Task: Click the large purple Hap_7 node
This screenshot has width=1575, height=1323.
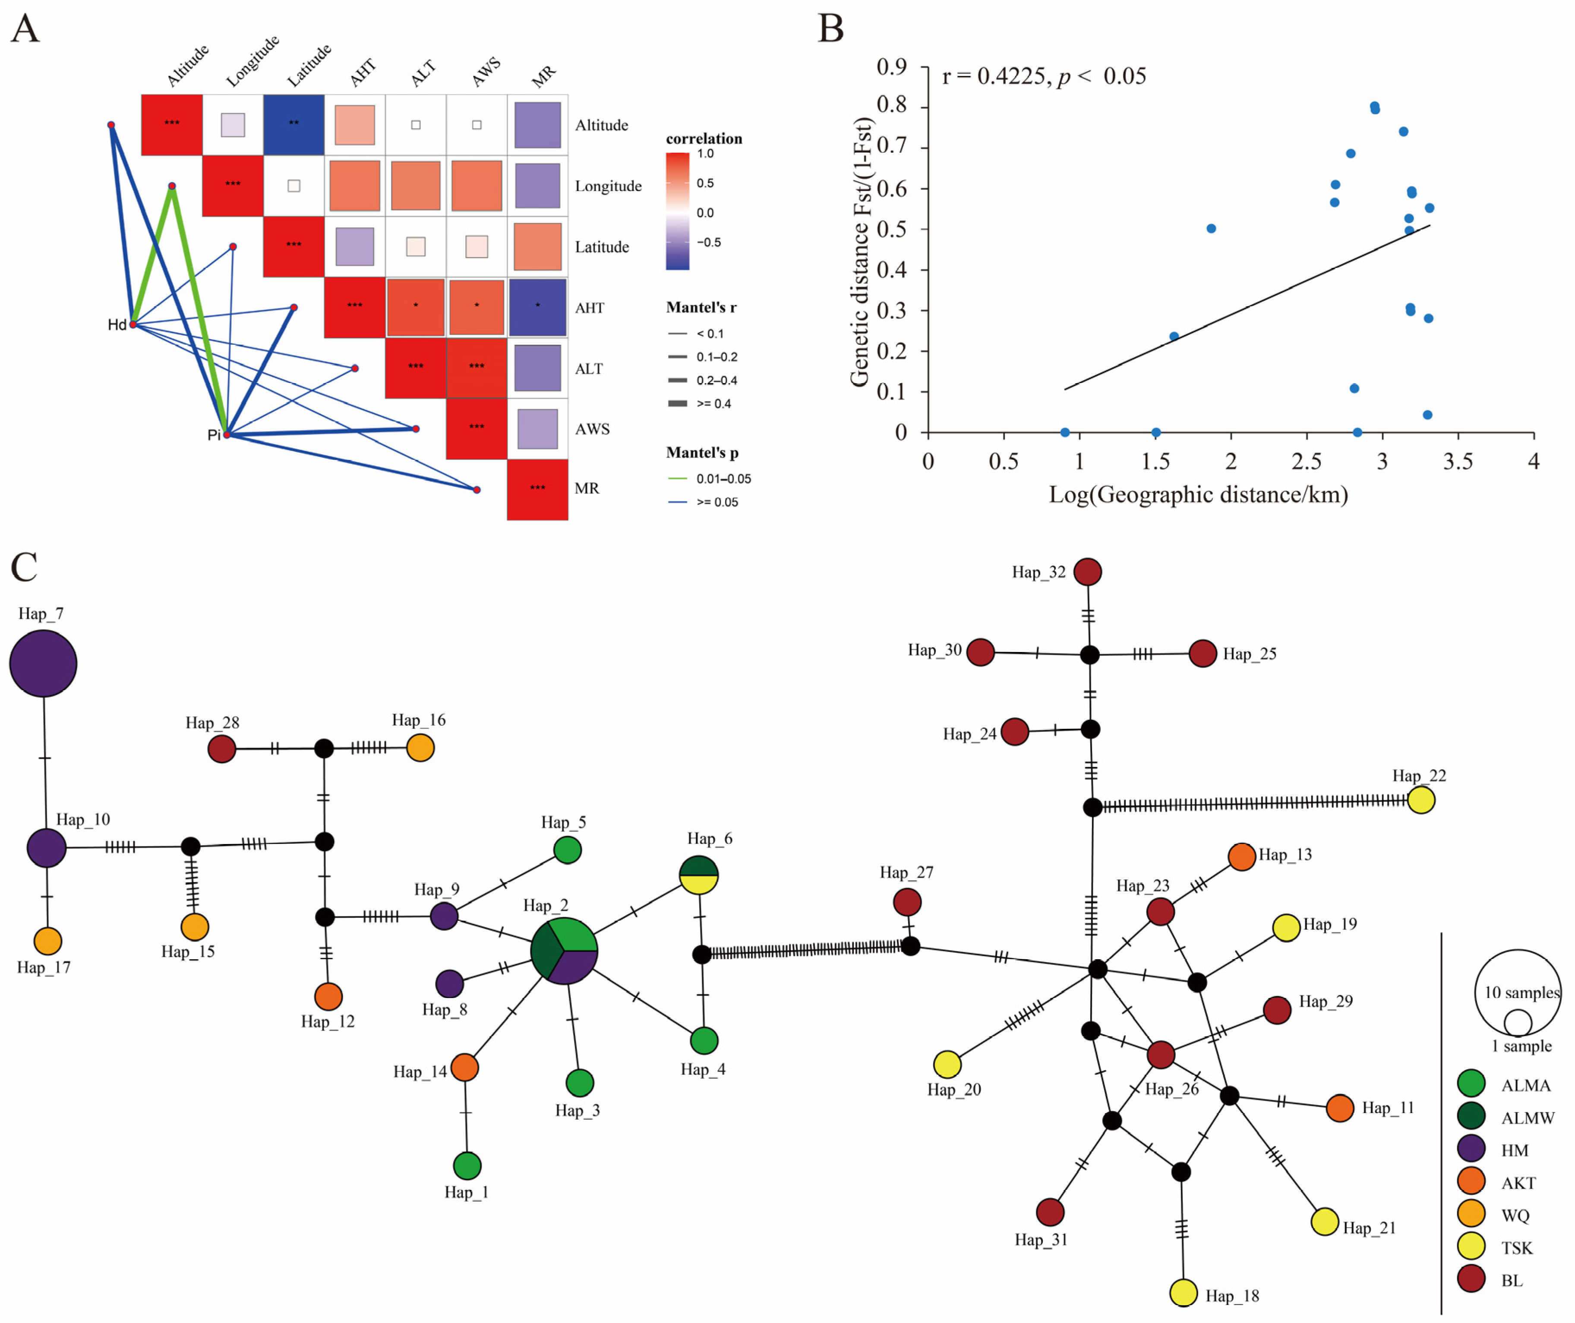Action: click(x=44, y=664)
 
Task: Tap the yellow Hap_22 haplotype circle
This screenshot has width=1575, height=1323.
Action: click(x=1420, y=800)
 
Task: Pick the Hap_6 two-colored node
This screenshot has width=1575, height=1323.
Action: click(x=698, y=875)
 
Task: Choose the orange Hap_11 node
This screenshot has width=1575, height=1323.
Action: click(x=1339, y=1108)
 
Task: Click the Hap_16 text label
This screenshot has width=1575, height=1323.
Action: click(x=419, y=720)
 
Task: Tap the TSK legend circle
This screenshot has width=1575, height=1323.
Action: click(x=1471, y=1246)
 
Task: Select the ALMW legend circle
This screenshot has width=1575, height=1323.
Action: click(x=1471, y=1115)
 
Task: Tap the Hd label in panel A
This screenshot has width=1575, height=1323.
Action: click(x=116, y=325)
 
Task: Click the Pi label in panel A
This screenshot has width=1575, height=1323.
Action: click(x=214, y=435)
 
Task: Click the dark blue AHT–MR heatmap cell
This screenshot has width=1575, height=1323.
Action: click(x=537, y=307)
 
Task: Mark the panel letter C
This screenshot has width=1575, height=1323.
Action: click(x=24, y=567)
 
